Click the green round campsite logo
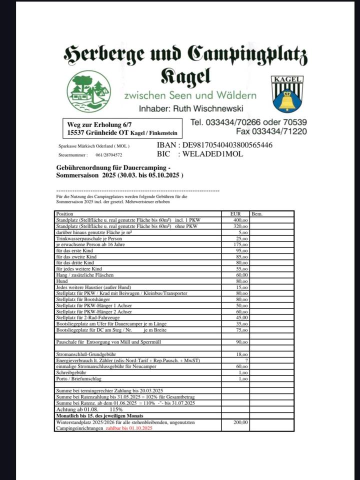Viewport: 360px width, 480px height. click(88, 91)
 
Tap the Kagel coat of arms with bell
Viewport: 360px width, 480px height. click(287, 94)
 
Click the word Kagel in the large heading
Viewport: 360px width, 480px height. click(185, 76)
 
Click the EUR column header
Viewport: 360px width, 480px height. click(235, 213)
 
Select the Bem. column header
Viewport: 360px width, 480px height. click(258, 213)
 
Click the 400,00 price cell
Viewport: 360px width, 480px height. click(240, 220)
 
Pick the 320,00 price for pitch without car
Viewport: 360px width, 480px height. click(240, 226)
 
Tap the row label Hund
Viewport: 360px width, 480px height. click(61, 281)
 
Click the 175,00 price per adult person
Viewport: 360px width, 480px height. click(240, 244)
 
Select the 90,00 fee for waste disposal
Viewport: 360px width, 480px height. click(241, 342)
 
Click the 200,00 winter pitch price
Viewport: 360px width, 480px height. click(240, 422)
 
